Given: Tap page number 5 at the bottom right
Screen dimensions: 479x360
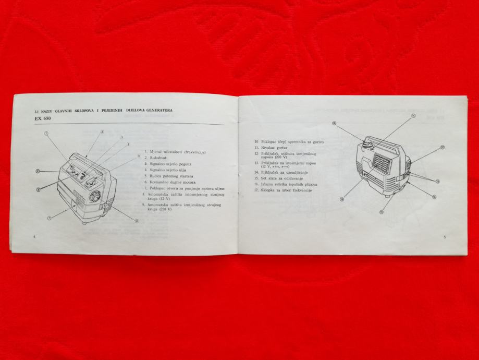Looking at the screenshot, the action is coord(444,237).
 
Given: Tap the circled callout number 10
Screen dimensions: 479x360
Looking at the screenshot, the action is coord(334,124).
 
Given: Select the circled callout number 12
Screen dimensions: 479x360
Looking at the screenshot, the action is coord(442,147).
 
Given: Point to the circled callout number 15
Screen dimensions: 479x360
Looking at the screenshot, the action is coord(381,212).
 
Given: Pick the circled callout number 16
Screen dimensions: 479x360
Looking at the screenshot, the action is coord(342,199).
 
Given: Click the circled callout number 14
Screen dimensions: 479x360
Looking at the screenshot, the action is coord(434,196).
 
